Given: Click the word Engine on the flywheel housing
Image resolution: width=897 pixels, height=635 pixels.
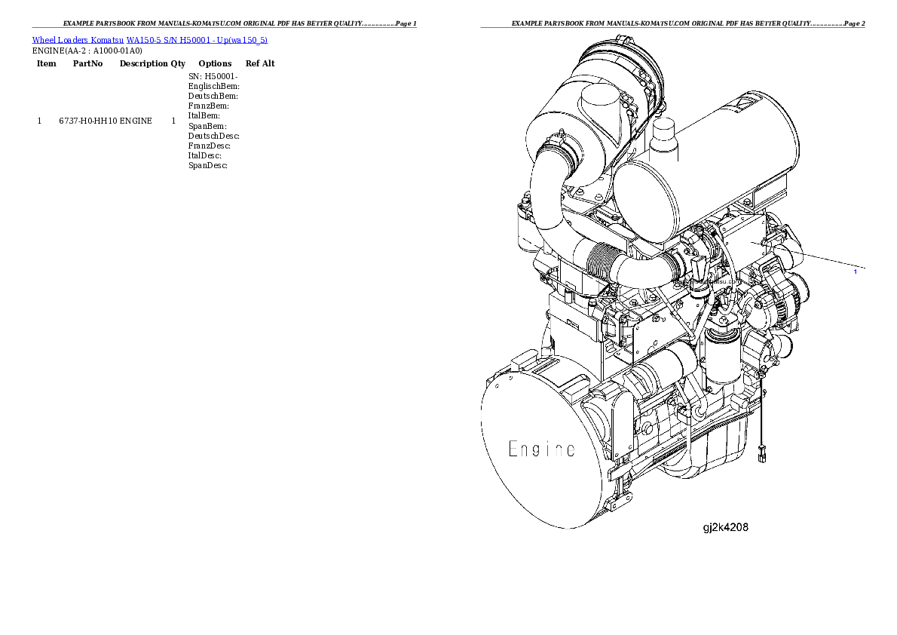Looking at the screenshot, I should click(x=541, y=449).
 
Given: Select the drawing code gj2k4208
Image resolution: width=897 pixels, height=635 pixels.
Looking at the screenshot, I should click(x=725, y=528).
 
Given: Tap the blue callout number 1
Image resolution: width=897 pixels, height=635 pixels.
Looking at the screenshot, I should click(x=855, y=271).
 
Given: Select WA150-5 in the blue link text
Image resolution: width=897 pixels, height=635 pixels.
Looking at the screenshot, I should click(x=142, y=39).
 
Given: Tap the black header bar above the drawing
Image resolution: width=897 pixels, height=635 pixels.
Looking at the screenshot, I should click(x=672, y=27).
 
